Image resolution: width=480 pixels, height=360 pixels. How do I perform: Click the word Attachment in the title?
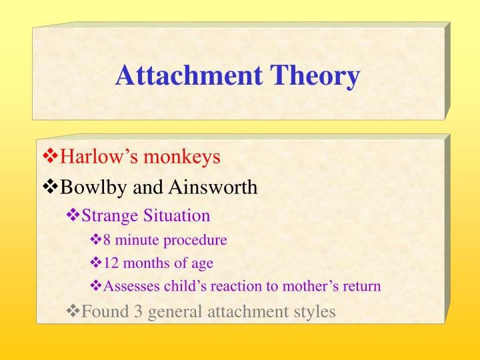point(189,75)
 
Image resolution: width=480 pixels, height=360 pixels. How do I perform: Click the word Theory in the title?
point(315,76)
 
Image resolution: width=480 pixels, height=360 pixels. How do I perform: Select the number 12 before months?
point(110,263)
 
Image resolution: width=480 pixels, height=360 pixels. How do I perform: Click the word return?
point(363,287)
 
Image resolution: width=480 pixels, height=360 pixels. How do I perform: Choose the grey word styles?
point(315,312)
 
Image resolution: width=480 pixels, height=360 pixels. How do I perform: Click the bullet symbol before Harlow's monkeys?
point(51,157)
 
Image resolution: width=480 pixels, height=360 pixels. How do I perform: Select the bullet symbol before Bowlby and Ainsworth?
point(51,187)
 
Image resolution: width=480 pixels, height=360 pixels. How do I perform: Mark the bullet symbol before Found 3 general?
point(73,311)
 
